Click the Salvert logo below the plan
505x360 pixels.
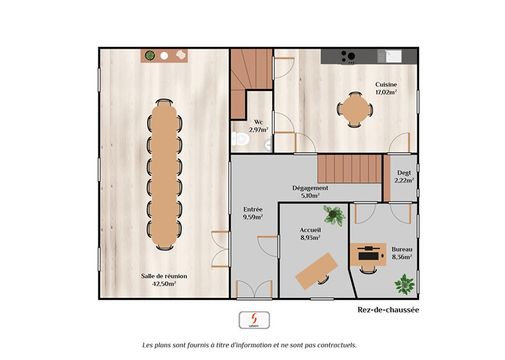click(x=254, y=320)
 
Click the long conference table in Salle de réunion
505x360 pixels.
click(x=165, y=174)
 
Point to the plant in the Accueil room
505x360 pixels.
click(x=333, y=215)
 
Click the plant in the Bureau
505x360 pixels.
click(x=404, y=284)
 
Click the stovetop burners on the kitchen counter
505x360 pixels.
click(x=347, y=56)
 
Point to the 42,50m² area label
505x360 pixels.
click(x=164, y=284)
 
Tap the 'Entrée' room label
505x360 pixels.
click(x=253, y=209)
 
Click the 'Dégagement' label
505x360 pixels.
click(x=310, y=188)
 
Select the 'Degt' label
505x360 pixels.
click(x=404, y=172)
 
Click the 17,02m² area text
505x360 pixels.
click(x=386, y=92)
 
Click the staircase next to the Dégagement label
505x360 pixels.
click(x=350, y=169)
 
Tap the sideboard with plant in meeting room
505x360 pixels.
click(x=165, y=56)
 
